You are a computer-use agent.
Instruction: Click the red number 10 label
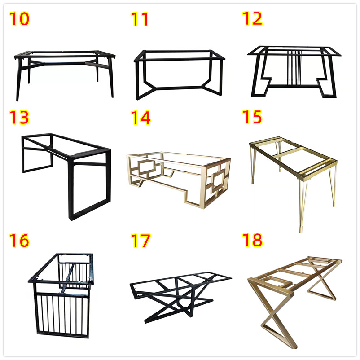pos(19,19)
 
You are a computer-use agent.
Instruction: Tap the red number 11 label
pos(140,19)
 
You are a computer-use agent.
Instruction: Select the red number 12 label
pos(252,18)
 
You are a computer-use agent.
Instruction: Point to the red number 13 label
pos(19,117)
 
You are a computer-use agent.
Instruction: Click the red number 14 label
pos(140,118)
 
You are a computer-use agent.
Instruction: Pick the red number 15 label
pos(252,117)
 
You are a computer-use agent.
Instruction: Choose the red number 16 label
pos(19,241)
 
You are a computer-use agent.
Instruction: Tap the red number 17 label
pos(140,241)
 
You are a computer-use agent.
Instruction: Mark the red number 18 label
pos(253,240)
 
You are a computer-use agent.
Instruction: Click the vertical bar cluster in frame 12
pos(294,68)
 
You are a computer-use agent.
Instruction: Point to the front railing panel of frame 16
pos(61,315)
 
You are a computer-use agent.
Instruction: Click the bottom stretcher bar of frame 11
pos(179,88)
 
